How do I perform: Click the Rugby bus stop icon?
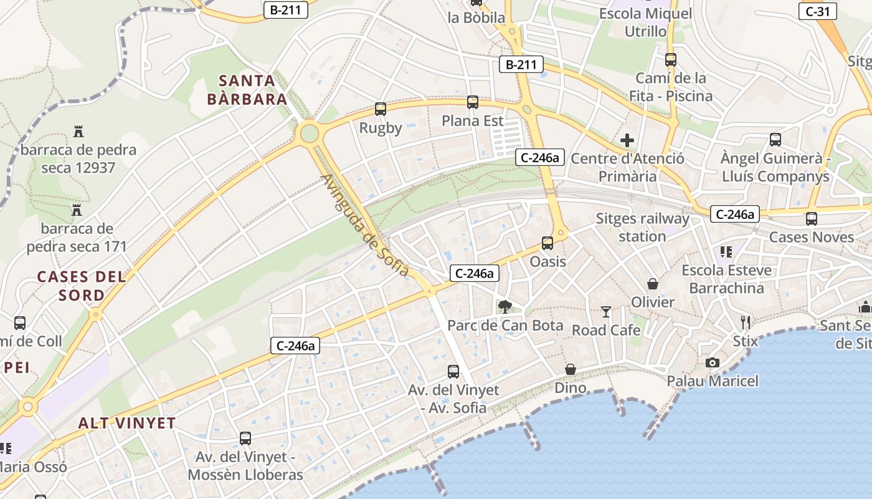tap(381, 109)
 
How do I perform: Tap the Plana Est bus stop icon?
tap(473, 102)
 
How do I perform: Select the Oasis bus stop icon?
tap(547, 243)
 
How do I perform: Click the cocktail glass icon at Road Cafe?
tap(606, 311)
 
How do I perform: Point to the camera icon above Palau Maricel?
tap(713, 362)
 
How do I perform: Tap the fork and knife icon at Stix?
tap(746, 322)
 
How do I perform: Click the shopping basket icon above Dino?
tap(570, 369)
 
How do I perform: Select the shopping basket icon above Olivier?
tap(653, 284)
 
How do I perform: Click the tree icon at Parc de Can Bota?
tap(505, 306)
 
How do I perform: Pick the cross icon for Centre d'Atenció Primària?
tap(627, 140)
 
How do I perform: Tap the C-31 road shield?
tap(818, 11)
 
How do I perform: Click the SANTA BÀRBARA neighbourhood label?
tap(247, 90)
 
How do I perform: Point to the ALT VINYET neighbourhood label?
tap(127, 423)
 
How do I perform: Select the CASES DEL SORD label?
tap(82, 286)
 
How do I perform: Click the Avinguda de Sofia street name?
tap(365, 225)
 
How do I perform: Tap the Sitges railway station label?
tap(642, 228)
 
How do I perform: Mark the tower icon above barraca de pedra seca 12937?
tap(78, 132)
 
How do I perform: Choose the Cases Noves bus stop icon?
tap(811, 219)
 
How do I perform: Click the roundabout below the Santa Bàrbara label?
tap(309, 133)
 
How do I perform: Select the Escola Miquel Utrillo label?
tap(645, 22)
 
